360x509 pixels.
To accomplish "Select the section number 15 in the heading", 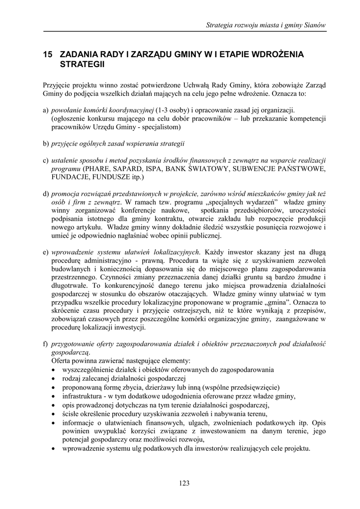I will pyautogui.click(x=48, y=54).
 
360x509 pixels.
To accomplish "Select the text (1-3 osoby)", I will pyautogui.click(x=176, y=110).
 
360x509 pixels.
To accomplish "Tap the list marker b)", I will pyautogui.click(x=46, y=144).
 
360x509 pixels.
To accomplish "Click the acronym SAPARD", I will pyautogui.click(x=126, y=169).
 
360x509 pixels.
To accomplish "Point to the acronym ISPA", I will pyautogui.click(x=155, y=169).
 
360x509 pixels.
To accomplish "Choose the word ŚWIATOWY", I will pyautogui.click(x=211, y=169).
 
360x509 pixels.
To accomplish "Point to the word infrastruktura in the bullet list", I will pyautogui.click(x=82, y=396).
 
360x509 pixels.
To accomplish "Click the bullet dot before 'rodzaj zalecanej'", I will pyautogui.click(x=53, y=379).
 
